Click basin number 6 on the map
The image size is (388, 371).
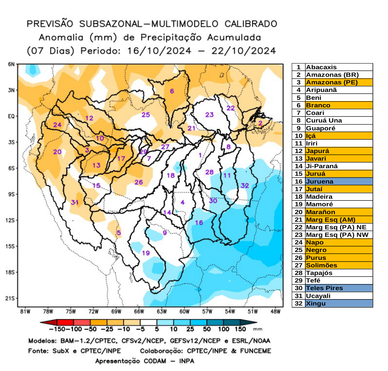(x=172, y=91)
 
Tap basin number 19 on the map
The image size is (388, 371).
(x=146, y=253)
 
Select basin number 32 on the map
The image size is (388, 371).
(x=245, y=185)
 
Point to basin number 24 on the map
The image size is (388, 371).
(x=57, y=125)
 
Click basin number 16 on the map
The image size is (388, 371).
(x=199, y=223)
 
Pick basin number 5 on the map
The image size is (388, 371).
(x=119, y=232)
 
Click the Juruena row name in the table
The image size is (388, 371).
(x=320, y=182)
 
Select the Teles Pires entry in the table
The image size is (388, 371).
(x=324, y=288)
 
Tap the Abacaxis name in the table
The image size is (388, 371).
(x=321, y=67)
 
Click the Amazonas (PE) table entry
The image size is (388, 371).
(x=332, y=82)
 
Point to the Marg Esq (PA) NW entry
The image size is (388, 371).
(x=337, y=235)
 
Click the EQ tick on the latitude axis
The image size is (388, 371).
(x=11, y=116)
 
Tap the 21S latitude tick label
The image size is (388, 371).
(x=10, y=298)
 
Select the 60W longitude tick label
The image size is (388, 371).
(x=184, y=312)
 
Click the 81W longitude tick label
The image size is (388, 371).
(x=25, y=312)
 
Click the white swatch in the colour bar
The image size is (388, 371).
(x=148, y=322)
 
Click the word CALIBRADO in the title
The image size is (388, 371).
(x=251, y=24)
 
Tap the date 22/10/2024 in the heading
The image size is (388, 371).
(x=243, y=51)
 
